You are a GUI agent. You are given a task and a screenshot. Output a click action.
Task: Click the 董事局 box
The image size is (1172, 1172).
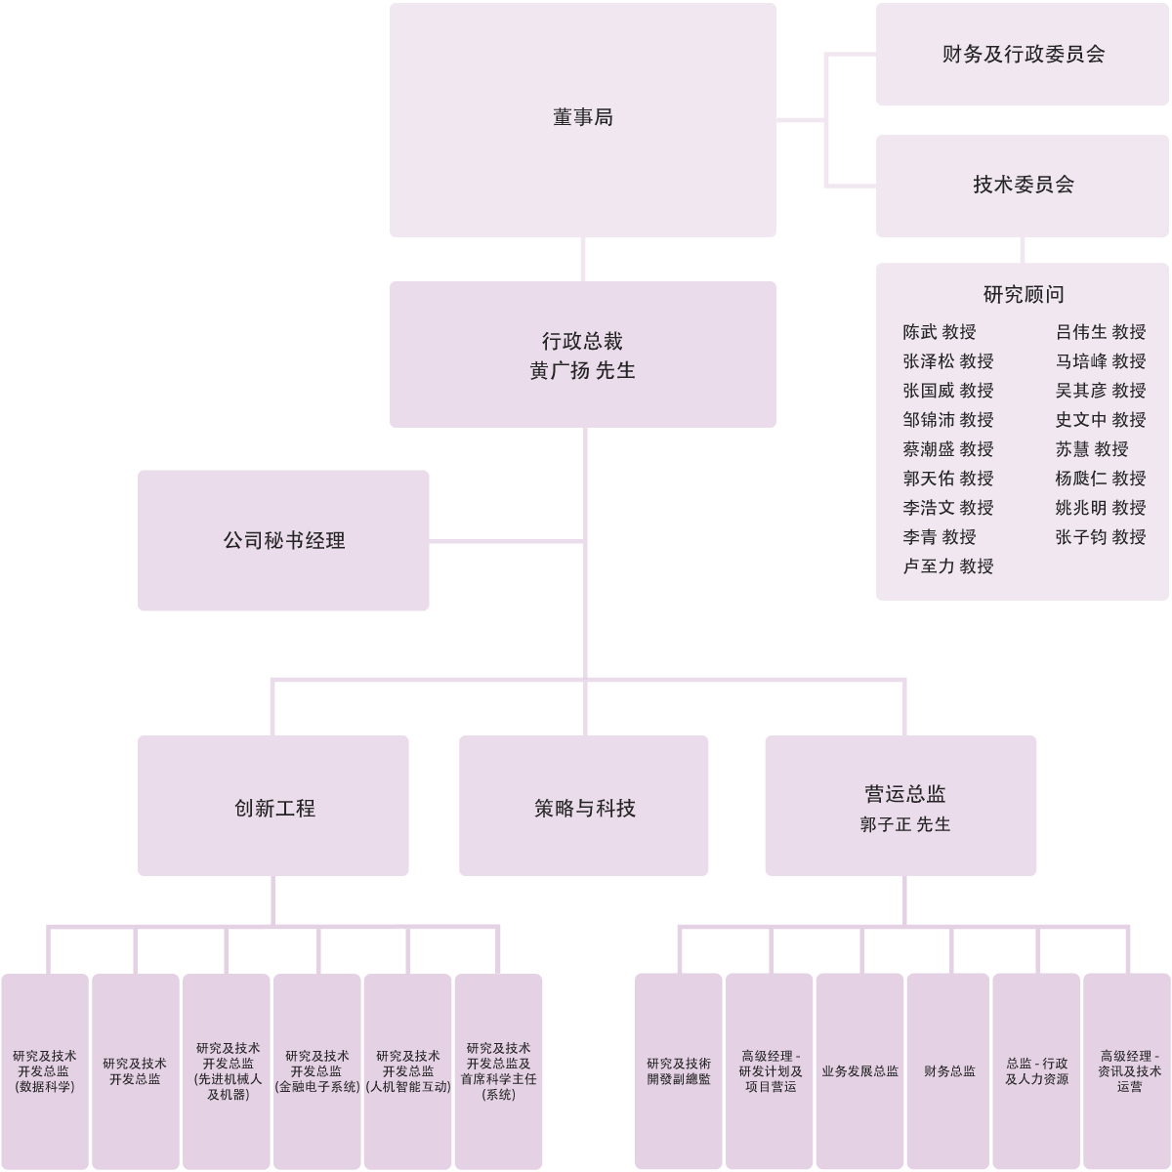click(583, 119)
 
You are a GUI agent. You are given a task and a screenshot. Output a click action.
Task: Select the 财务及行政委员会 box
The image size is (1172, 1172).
click(1023, 55)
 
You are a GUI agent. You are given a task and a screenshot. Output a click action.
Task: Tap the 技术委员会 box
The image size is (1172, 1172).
click(1023, 185)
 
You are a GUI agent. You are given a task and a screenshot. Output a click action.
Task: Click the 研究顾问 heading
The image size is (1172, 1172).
click(1023, 295)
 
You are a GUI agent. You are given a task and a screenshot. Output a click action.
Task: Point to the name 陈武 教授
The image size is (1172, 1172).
click(939, 333)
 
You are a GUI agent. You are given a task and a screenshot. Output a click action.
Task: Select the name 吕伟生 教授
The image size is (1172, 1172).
click(1100, 333)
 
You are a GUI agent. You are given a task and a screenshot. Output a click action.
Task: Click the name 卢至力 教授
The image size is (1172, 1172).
click(947, 566)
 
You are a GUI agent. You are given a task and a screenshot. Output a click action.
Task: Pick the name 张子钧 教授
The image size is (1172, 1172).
click(1100, 537)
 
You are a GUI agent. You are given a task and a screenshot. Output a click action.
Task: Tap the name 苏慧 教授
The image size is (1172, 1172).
click(1091, 449)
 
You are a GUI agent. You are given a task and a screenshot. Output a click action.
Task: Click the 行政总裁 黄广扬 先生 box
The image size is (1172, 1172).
click(583, 356)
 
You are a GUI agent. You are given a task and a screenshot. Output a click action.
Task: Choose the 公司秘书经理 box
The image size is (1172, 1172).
click(283, 541)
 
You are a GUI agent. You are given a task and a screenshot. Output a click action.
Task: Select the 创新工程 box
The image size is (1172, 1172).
click(273, 807)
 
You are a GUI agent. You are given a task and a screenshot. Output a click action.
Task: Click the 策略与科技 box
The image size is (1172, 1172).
click(584, 807)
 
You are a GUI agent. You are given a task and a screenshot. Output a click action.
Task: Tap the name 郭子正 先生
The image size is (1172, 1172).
click(904, 824)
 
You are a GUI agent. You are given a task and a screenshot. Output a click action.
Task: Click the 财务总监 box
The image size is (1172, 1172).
click(948, 1071)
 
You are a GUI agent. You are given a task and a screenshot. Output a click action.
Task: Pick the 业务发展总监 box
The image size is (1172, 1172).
click(859, 1071)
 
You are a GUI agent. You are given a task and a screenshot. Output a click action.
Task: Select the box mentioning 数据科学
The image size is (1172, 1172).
click(45, 1071)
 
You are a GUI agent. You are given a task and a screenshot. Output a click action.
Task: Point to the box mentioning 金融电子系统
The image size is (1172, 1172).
click(317, 1071)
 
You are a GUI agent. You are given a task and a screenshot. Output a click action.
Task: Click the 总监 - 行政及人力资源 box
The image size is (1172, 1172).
click(1036, 1071)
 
